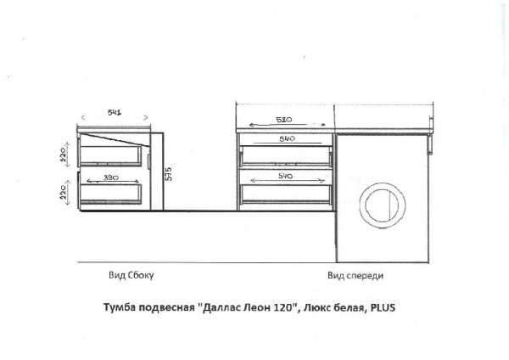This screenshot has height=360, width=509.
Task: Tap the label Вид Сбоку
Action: tap(131, 276)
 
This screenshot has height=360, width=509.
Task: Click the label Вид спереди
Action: tap(356, 276)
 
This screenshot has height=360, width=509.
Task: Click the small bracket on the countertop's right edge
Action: tap(432, 146)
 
